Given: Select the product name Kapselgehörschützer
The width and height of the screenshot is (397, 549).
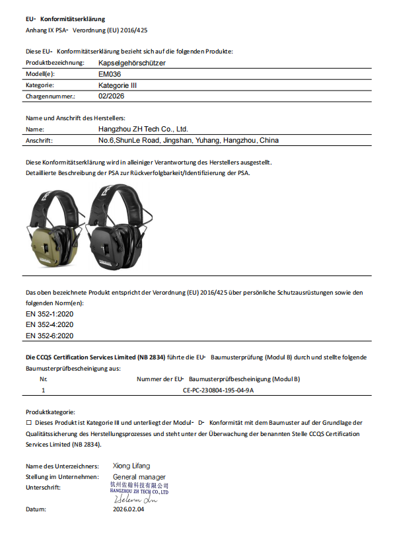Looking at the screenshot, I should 131,63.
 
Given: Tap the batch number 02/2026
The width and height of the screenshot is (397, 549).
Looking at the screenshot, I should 111,96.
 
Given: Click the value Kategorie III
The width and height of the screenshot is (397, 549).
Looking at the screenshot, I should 118,85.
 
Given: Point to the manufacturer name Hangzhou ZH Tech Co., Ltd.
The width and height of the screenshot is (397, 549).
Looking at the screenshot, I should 143,129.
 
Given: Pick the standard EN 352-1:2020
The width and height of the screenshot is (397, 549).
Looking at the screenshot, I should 50,313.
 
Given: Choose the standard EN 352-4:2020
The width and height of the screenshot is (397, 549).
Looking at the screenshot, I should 50,324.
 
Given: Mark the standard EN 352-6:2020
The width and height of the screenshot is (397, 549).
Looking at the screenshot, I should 50,336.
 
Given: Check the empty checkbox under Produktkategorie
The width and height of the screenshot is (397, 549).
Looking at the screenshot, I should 28,422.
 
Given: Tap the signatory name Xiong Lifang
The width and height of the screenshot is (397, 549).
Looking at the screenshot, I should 131,466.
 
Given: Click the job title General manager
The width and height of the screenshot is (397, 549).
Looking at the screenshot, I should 139,476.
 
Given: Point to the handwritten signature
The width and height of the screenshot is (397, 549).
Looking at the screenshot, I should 135,499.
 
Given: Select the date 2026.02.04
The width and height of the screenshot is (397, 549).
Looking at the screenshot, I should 128,510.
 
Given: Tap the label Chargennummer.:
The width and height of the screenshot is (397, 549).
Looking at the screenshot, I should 50,96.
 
